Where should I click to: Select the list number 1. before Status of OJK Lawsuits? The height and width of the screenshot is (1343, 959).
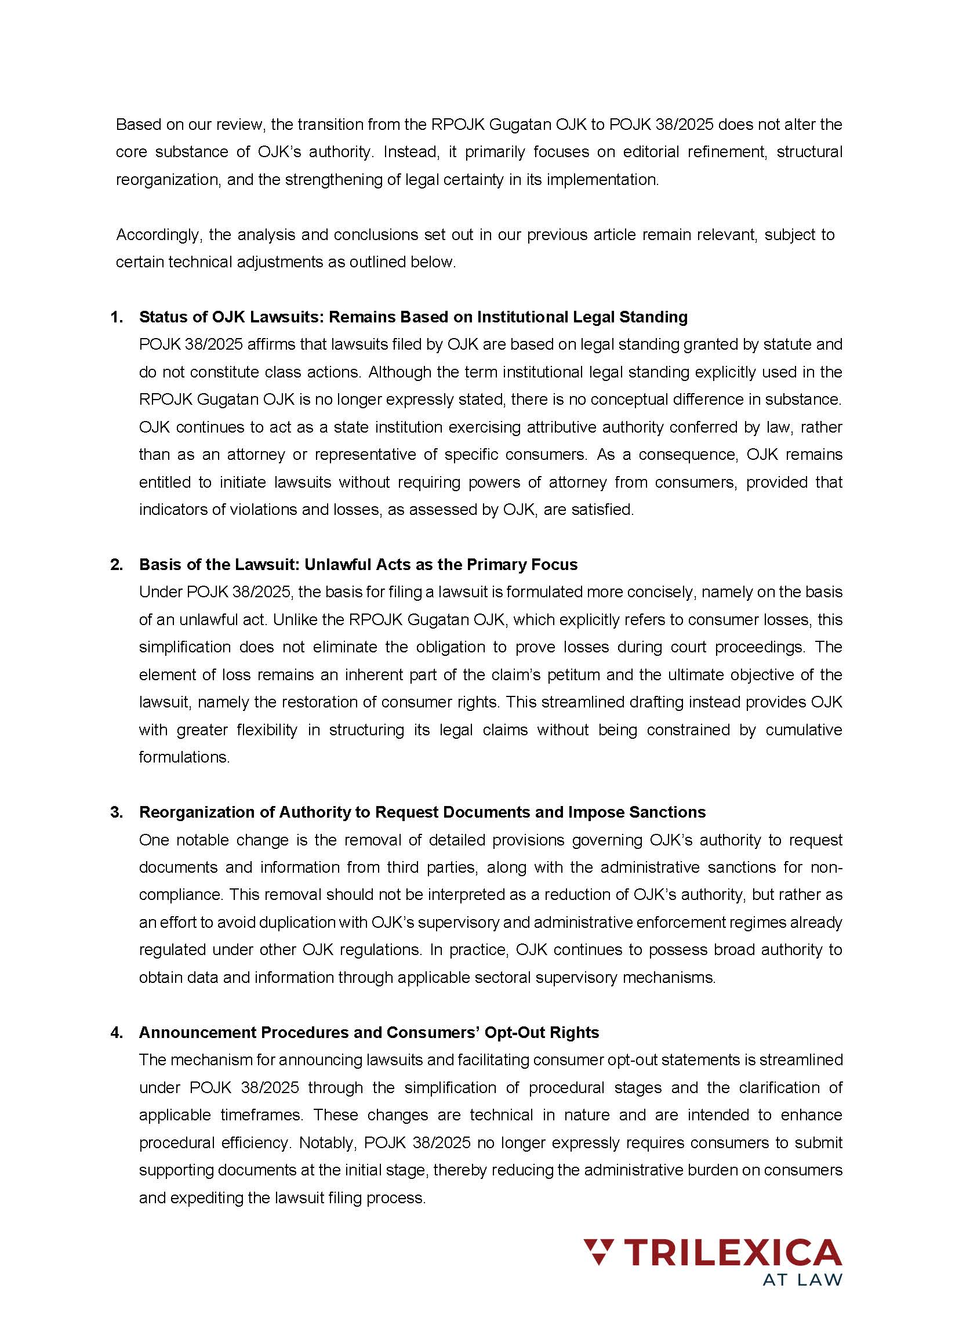tap(117, 317)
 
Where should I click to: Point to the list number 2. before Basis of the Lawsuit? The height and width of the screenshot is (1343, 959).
tap(117, 565)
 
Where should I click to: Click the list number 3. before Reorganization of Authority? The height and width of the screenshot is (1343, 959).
tap(117, 812)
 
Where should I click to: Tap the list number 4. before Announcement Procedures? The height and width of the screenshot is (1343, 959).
tap(117, 1032)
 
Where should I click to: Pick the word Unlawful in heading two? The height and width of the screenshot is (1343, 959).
tap(334, 565)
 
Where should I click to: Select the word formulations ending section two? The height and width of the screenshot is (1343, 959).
tap(183, 757)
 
